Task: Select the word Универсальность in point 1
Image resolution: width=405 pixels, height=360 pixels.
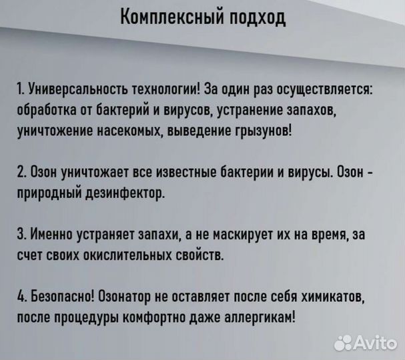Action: [71, 91]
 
